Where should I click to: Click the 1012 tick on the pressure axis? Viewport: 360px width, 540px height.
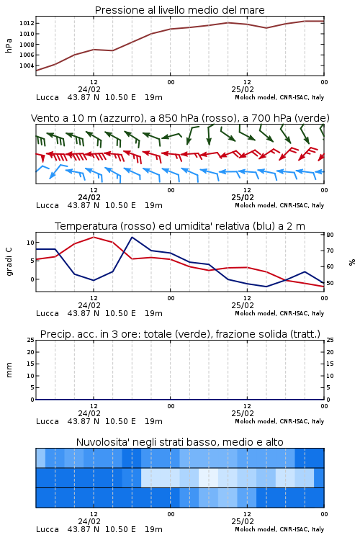point(27,24)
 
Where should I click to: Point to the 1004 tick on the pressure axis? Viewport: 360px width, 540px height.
point(27,66)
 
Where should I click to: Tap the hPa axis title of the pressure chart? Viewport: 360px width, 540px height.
point(9,45)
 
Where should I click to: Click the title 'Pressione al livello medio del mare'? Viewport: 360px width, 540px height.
point(180,10)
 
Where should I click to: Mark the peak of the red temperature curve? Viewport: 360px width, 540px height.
point(94,237)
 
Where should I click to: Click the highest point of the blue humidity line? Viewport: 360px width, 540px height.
point(132,237)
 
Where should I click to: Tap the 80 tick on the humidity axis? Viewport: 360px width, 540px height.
point(330,235)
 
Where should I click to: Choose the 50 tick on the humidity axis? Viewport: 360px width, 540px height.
point(330,283)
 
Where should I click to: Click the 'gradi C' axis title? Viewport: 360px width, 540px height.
point(9,262)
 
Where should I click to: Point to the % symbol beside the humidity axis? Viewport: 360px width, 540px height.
point(352,262)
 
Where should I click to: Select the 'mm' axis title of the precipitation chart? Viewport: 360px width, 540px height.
point(9,370)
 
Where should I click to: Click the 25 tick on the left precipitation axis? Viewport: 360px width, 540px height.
point(31,340)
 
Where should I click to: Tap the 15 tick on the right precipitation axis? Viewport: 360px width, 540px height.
point(330,364)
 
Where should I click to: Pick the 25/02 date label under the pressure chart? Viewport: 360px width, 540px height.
point(243,89)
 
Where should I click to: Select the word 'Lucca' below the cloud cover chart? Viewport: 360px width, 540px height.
point(48,529)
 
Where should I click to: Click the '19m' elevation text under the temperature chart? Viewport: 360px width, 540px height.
point(153,313)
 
